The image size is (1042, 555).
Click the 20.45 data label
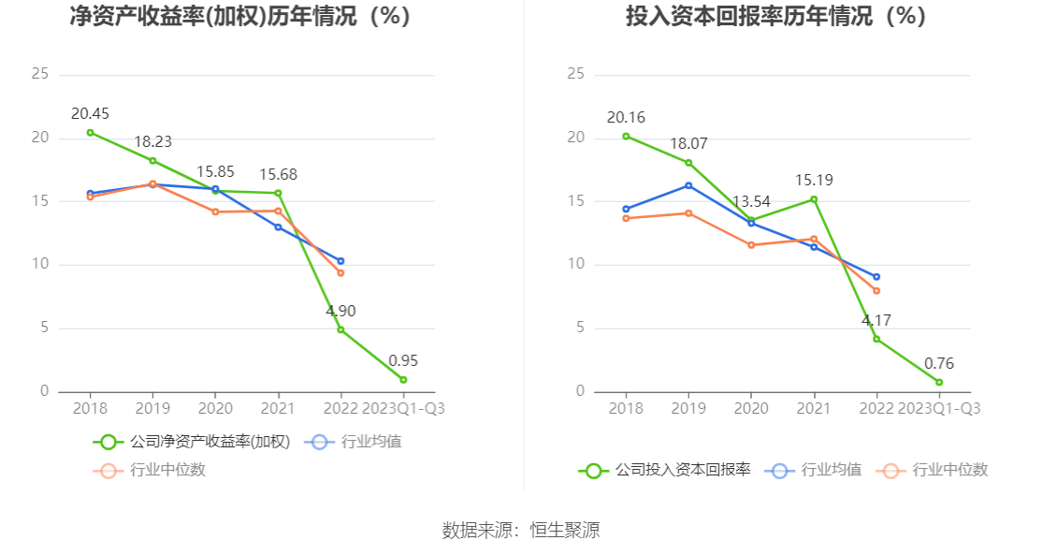point(91,114)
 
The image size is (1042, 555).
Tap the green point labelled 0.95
point(403,380)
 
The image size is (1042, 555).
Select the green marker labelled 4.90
point(340,329)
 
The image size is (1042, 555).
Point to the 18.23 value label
point(152,142)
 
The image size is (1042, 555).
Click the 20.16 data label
point(626,118)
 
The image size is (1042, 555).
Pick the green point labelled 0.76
point(939,382)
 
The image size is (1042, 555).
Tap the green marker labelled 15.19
point(814,199)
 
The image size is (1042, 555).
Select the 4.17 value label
point(876,321)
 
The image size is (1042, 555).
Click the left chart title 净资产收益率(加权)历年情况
point(240,16)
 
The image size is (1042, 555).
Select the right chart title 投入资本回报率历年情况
point(775,16)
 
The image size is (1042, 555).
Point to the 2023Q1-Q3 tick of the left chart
point(403,409)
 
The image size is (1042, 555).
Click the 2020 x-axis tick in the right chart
point(751,409)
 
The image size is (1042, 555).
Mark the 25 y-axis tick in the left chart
point(39,74)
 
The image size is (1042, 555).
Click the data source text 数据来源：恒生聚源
point(521,531)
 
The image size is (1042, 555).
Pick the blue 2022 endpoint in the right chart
point(876,277)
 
